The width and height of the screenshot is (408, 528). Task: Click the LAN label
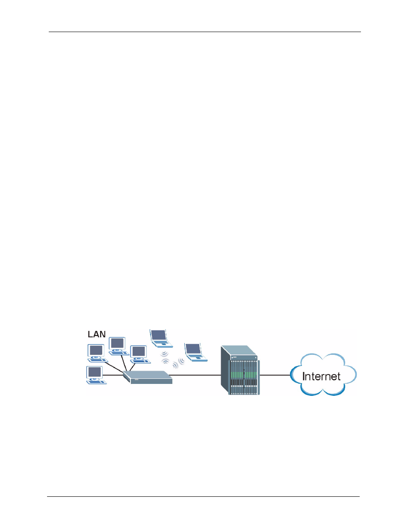click(x=97, y=334)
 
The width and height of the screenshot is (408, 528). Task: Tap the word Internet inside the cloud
click(x=321, y=376)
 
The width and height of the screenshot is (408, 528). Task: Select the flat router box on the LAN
click(x=148, y=377)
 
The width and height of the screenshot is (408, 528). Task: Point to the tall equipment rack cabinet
click(x=240, y=370)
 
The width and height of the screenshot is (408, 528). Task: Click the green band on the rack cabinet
click(x=243, y=375)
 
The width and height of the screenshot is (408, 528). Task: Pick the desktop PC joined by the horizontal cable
click(x=96, y=375)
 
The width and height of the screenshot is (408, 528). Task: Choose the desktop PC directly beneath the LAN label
click(x=97, y=353)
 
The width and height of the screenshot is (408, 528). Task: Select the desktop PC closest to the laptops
click(x=140, y=354)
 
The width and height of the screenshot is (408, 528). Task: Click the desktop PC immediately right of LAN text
click(x=118, y=346)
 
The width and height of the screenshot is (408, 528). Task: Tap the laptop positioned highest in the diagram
click(x=161, y=339)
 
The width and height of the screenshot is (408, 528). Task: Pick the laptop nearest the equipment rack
click(x=195, y=352)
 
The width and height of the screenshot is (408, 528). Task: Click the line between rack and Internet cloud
click(x=275, y=375)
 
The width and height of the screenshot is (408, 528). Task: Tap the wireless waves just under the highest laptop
click(x=165, y=357)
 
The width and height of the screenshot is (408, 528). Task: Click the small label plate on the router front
click(x=136, y=380)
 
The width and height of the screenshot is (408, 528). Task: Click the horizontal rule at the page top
click(x=204, y=32)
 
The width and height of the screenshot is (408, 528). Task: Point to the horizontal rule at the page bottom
click(x=203, y=497)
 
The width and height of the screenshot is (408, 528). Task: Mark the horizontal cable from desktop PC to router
click(x=113, y=375)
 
